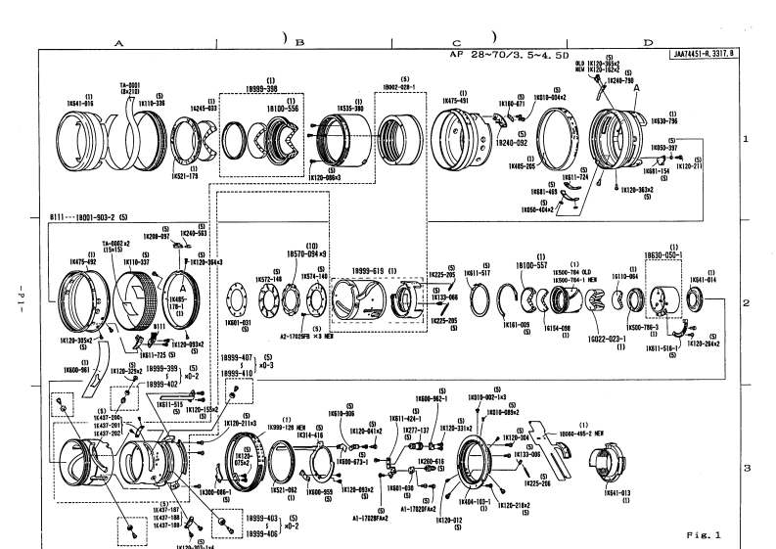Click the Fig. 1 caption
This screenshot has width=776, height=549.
tap(703, 531)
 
